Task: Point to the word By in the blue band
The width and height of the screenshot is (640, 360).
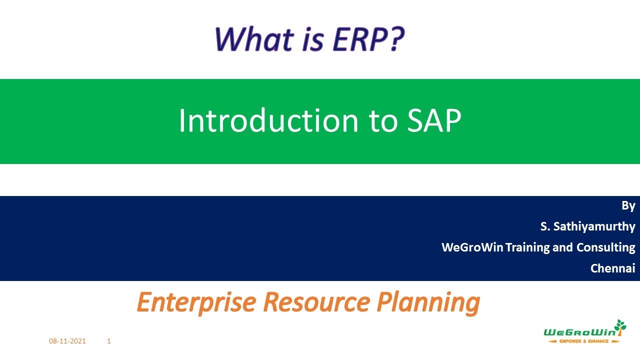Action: tap(628, 205)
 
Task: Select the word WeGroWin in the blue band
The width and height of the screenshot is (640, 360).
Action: tap(472, 247)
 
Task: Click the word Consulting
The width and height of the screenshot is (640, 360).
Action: tap(605, 247)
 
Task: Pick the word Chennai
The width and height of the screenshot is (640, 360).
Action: tap(612, 268)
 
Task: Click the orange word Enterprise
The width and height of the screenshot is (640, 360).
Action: tap(197, 302)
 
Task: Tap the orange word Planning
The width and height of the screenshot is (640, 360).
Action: tap(428, 302)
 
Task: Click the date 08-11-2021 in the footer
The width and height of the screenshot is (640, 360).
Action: tap(67, 341)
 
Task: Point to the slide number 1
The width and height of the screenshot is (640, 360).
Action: tap(109, 341)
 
